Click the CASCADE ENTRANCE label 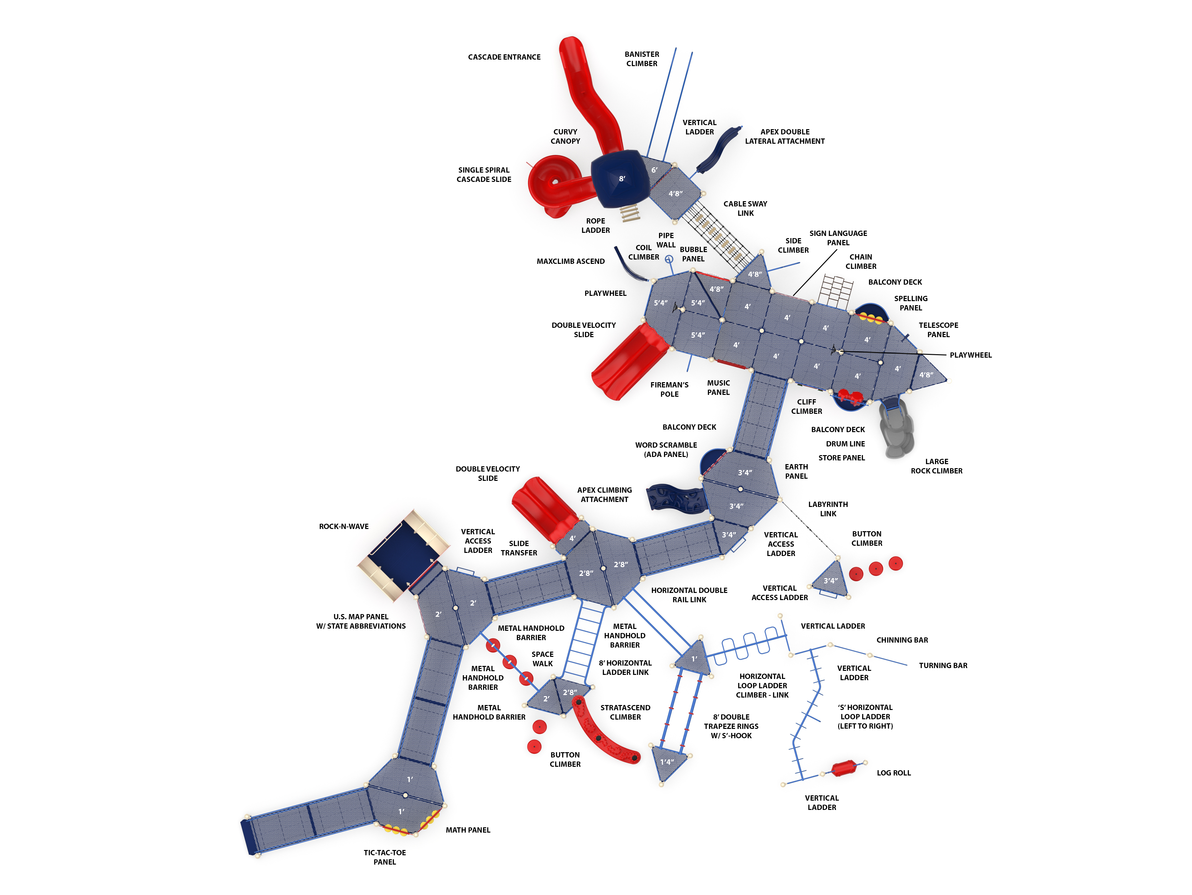(x=504, y=57)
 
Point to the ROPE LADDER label (x=595, y=226)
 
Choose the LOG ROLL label (x=893, y=773)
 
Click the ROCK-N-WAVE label (x=344, y=527)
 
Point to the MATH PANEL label (x=468, y=830)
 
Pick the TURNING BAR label (x=943, y=666)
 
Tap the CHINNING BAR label (x=902, y=640)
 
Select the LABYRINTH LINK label (x=828, y=509)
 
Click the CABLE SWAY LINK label (x=745, y=209)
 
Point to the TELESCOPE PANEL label (x=938, y=330)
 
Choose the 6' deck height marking (x=654, y=170)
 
